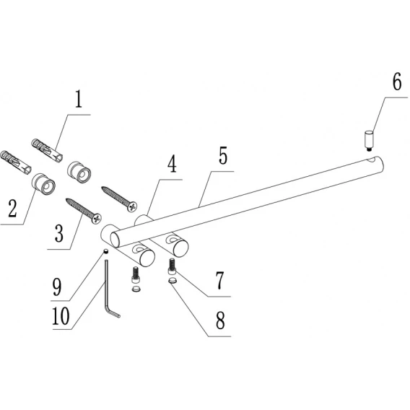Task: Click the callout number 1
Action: click(79, 100)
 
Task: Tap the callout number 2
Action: click(13, 208)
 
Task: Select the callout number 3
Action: click(59, 233)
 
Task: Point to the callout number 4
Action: click(172, 164)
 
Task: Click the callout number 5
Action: click(223, 155)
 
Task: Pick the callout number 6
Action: click(397, 82)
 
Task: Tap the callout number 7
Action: click(219, 280)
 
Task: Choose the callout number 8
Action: click(220, 320)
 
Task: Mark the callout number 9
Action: click(57, 287)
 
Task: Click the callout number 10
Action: click(61, 316)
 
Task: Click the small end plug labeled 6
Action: click(368, 141)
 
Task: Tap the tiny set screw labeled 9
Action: click(106, 251)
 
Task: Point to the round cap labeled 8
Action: click(173, 282)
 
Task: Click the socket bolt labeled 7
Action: click(172, 266)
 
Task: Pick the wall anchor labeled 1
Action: click(47, 150)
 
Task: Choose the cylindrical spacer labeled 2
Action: click(43, 184)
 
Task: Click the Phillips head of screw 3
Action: click(97, 219)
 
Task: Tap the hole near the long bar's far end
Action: click(372, 160)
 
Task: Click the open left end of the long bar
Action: click(115, 240)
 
